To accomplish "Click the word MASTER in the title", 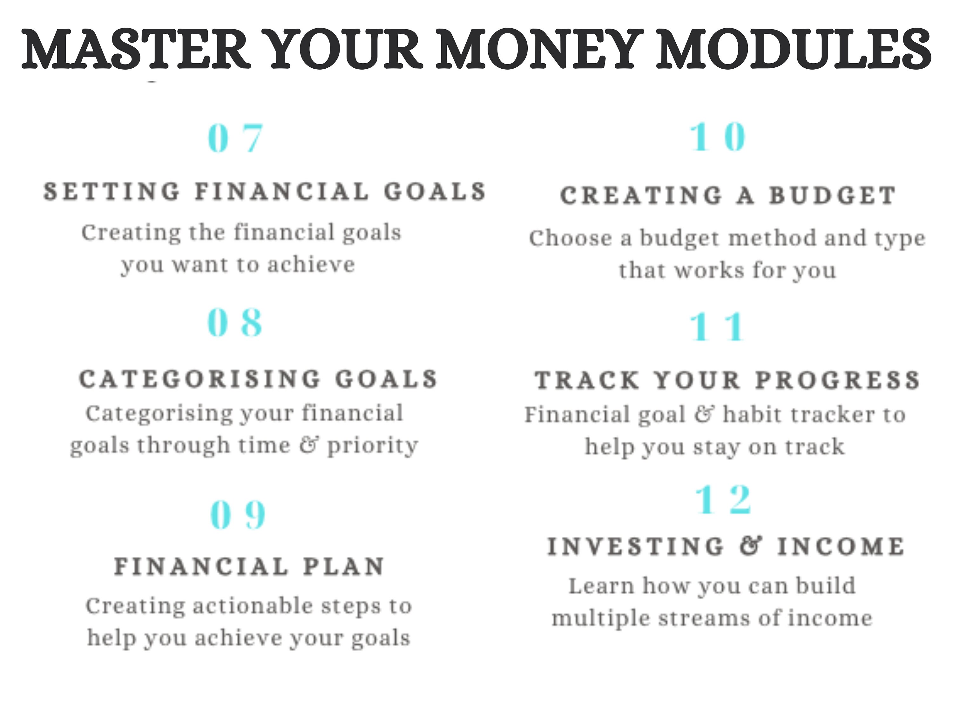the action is pyautogui.click(x=136, y=48).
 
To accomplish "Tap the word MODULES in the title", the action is pyautogui.click(x=794, y=48).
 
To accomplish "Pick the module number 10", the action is pyautogui.click(x=718, y=137).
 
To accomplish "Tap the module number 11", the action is pyautogui.click(x=717, y=326).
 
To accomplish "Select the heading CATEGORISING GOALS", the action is pyautogui.click(x=259, y=379).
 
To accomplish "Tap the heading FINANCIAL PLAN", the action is pyautogui.click(x=249, y=566).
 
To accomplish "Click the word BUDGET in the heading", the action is pyautogui.click(x=833, y=195).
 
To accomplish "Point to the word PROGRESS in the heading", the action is pyautogui.click(x=838, y=380).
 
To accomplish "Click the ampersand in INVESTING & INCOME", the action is pyautogui.click(x=751, y=546).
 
